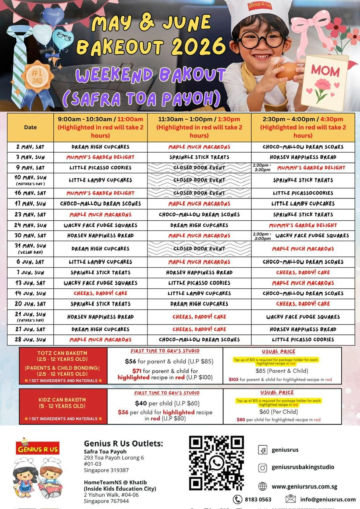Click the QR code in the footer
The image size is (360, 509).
click(x=216, y=463)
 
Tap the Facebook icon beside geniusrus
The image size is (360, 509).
click(x=263, y=450)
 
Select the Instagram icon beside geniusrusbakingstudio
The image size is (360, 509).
click(x=263, y=468)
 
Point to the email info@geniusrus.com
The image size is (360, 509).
click(x=328, y=499)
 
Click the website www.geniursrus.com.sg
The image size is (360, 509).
click(x=304, y=486)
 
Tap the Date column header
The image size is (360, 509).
click(x=30, y=127)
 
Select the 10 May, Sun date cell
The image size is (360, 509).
click(x=30, y=180)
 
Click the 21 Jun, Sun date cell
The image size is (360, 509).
click(x=30, y=317)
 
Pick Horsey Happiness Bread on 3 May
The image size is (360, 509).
click(x=303, y=157)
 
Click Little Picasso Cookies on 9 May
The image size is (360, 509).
click(x=100, y=167)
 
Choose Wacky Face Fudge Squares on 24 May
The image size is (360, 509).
click(x=100, y=225)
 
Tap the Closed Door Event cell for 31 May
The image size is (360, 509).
click(x=199, y=249)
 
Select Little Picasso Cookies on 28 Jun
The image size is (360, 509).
click(x=303, y=340)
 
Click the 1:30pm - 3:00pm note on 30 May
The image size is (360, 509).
click(x=262, y=236)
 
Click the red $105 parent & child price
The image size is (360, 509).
click(x=234, y=380)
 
